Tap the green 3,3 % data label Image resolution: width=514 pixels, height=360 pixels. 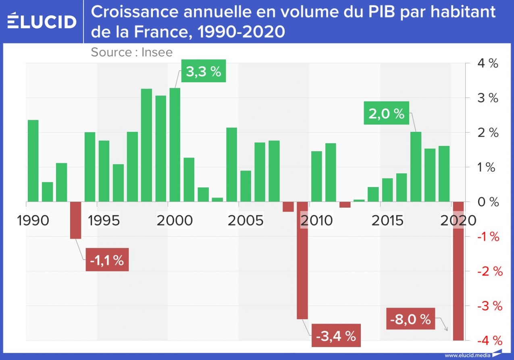(x=203, y=71)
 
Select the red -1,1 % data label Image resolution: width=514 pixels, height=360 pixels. (x=107, y=260)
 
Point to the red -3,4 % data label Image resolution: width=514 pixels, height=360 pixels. (x=336, y=335)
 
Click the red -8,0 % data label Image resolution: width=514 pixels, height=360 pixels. (x=410, y=319)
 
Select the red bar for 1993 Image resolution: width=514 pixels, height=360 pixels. (x=75, y=220)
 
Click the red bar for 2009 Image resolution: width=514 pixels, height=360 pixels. (x=302, y=260)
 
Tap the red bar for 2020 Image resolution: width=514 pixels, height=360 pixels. (x=458, y=271)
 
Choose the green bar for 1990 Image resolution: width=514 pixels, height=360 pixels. (x=33, y=161)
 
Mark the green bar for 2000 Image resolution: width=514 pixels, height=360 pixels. (x=175, y=145)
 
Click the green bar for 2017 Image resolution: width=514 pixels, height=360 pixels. (x=416, y=166)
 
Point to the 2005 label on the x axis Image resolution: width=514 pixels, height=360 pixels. (x=245, y=221)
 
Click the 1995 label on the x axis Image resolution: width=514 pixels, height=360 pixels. (x=104, y=221)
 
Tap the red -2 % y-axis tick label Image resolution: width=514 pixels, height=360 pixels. (x=489, y=271)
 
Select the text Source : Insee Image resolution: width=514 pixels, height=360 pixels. (x=131, y=52)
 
